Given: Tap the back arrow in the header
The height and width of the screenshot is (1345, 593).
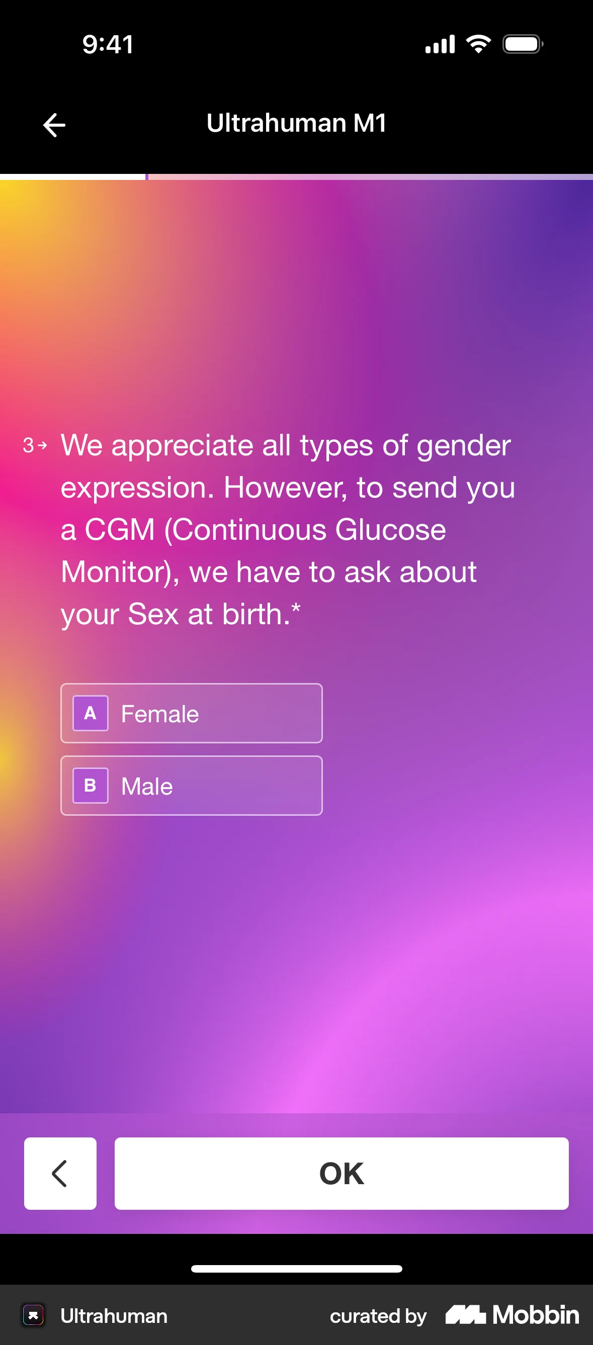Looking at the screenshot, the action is tap(54, 125).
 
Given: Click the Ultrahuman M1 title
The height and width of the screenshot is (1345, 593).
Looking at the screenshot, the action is tap(296, 123).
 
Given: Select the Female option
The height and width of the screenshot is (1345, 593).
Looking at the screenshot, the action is tap(191, 713).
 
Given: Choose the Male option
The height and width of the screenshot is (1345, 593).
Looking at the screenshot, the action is tap(191, 785).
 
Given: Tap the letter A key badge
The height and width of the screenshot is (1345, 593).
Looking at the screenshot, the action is tap(91, 713).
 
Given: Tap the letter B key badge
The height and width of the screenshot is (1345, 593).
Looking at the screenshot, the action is tap(91, 785).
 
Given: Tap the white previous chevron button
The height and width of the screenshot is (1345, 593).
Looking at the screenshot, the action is tap(60, 1173).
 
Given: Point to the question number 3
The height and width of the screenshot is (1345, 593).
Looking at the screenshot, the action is tap(28, 445).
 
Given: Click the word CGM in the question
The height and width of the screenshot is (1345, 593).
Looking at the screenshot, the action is tap(120, 530).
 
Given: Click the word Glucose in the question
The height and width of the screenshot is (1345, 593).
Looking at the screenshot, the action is tap(391, 530).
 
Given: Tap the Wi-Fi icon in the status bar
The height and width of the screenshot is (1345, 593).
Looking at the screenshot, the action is tap(479, 44).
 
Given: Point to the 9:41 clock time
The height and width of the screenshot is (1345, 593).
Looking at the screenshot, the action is tap(108, 44).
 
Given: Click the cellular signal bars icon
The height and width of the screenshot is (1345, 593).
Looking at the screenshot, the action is tap(440, 44).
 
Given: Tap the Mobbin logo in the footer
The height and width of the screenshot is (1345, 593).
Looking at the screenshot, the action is tap(512, 1315).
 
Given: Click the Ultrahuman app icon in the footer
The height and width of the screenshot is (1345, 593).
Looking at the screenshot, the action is tap(33, 1315).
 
